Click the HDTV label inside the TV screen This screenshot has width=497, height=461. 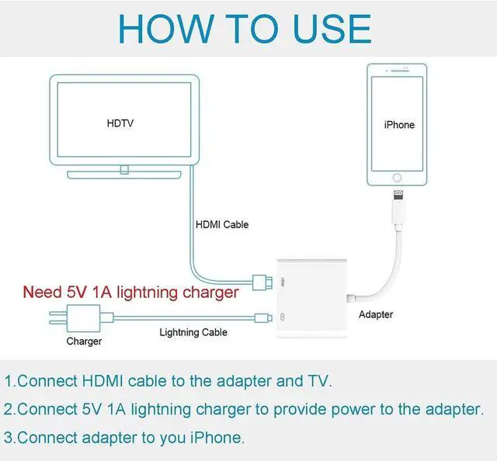point(120,123)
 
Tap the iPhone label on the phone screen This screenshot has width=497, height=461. point(399,125)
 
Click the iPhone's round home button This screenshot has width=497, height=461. point(397,178)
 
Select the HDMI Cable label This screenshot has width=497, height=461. point(222,224)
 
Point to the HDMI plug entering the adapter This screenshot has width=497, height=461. point(262,282)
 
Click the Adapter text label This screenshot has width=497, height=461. point(376,314)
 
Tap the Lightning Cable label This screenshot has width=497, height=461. point(193,332)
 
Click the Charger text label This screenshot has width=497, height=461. point(84,341)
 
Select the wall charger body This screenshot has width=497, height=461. point(83,318)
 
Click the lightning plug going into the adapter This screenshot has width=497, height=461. point(263,317)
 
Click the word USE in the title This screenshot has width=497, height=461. point(332,29)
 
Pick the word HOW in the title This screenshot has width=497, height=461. point(165,29)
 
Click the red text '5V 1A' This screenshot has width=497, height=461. point(89,292)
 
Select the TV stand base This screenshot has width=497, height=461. point(124,175)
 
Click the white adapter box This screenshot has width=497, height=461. point(312,299)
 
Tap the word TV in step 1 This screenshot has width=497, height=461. point(318,381)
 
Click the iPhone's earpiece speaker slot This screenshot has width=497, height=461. point(400,71)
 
